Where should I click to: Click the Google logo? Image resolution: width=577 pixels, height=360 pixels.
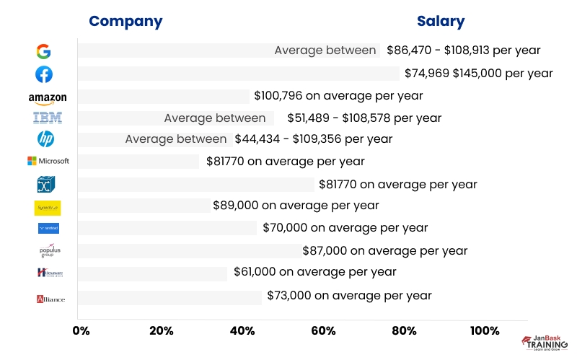(43, 51)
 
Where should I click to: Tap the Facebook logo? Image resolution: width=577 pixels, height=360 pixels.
(43, 74)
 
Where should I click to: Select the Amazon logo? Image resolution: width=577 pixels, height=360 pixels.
(48, 97)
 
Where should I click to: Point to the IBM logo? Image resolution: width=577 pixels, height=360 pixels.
(48, 118)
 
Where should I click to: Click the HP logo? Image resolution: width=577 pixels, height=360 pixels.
(45, 139)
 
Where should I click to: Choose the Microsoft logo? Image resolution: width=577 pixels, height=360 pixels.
(48, 161)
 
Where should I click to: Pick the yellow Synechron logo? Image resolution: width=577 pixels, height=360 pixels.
(48, 208)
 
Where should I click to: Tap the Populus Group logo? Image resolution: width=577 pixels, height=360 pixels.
(48, 250)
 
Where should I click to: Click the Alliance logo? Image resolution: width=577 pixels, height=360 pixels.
(50, 299)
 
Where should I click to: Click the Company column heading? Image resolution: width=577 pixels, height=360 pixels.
(125, 21)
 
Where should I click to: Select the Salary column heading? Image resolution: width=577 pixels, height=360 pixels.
(441, 21)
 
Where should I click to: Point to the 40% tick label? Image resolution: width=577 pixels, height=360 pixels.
(242, 330)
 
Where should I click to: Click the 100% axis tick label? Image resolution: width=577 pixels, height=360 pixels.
(484, 330)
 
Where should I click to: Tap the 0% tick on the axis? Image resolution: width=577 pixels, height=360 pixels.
(81, 330)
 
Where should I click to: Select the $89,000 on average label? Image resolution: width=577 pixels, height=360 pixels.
(295, 205)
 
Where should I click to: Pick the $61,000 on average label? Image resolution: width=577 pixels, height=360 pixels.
(314, 272)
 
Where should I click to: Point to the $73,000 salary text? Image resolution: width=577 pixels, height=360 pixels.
(349, 295)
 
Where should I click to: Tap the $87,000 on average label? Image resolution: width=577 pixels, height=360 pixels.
(385, 250)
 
